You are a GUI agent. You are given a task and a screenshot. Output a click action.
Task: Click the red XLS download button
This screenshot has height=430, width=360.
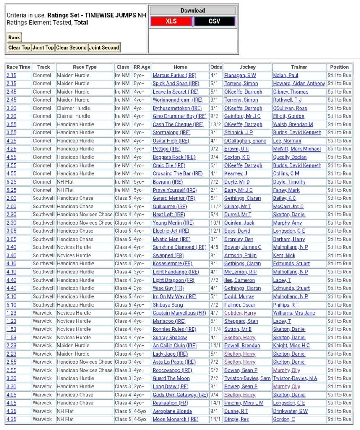pos(171,21)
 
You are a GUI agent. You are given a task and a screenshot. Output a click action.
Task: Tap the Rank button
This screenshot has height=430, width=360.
pos(14,37)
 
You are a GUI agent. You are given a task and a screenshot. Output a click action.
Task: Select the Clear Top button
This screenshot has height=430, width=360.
pos(19,47)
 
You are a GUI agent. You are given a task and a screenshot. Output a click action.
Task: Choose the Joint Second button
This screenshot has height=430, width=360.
pos(104,47)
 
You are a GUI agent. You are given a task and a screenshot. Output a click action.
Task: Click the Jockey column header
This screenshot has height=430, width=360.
pos(247,67)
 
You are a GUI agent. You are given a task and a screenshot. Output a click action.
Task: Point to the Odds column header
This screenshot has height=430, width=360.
pos(216,67)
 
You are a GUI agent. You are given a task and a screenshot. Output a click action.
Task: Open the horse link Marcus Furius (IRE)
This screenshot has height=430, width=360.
pos(174,76)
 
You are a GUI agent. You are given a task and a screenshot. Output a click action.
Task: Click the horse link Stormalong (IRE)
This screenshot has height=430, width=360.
pos(171,133)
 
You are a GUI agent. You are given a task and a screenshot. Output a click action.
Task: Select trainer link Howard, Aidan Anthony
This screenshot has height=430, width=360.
pos(299,84)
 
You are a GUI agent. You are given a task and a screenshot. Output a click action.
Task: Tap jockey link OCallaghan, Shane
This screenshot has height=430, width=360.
pos(245,141)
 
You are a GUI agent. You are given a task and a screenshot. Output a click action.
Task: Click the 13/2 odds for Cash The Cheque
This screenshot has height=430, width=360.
pos(216,125)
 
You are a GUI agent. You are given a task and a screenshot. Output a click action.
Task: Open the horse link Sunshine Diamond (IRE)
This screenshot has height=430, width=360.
pos(179,247)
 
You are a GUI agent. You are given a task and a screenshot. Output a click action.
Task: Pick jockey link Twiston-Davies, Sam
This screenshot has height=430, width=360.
pos(247,378)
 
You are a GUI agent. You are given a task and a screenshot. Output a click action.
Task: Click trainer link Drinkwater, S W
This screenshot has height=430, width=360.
pos(290,411)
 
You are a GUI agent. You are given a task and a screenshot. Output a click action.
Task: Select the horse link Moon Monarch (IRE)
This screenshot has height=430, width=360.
pos(175,419)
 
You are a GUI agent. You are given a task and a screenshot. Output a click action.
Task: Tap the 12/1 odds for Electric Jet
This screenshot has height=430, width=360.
pos(216,231)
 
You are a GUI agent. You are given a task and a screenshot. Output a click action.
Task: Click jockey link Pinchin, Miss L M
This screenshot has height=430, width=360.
pos(244,403)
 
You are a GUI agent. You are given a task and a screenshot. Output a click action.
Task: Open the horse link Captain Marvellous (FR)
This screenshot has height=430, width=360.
pos(179,313)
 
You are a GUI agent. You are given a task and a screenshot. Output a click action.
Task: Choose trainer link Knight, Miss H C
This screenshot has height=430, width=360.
pos(291,346)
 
